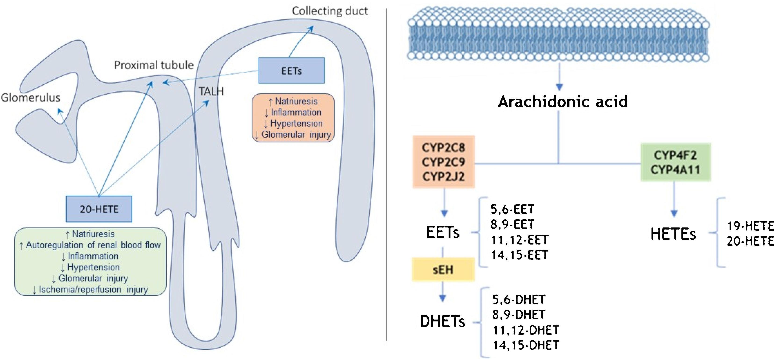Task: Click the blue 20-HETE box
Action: click(99, 209)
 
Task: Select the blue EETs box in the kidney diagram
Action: click(291, 71)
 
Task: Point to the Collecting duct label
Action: click(330, 11)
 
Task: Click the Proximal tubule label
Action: click(154, 65)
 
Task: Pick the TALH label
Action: click(211, 91)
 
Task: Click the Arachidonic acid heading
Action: click(562, 101)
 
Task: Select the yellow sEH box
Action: click(443, 269)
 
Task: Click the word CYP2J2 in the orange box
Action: click(443, 176)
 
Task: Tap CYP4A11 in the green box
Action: click(675, 169)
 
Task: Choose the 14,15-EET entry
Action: click(519, 255)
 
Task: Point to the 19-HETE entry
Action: click(750, 226)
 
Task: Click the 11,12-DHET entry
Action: click(526, 330)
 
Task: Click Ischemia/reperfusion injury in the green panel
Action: click(90, 289)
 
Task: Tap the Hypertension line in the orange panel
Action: click(293, 123)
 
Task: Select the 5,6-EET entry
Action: click(512, 209)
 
